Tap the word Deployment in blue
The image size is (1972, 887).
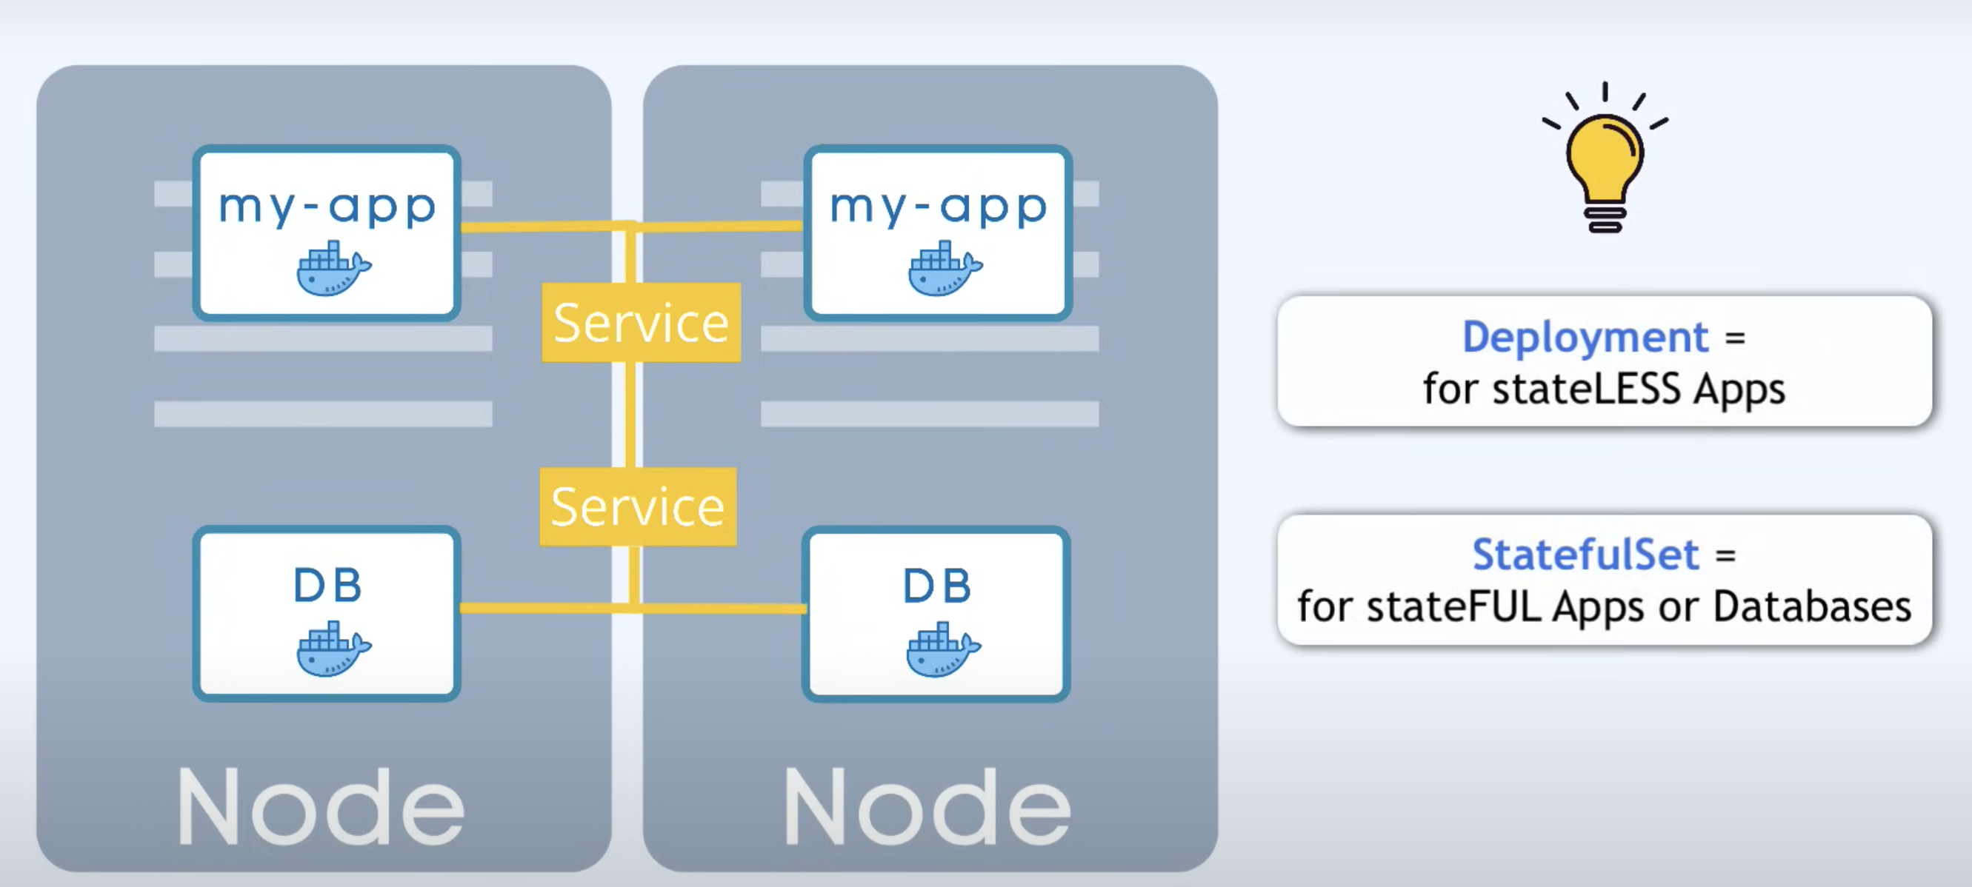(1585, 337)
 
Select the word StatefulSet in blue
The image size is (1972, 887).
(1585, 554)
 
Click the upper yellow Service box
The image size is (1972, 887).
(641, 322)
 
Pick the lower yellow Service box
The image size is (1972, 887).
(638, 506)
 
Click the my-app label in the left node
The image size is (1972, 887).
(327, 207)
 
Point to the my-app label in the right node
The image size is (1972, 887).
(938, 207)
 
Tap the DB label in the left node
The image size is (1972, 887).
(327, 586)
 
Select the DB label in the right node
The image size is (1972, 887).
(936, 586)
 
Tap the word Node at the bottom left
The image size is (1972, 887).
(321, 808)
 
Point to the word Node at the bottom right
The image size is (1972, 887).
(926, 808)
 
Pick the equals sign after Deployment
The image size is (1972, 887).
(1735, 338)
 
